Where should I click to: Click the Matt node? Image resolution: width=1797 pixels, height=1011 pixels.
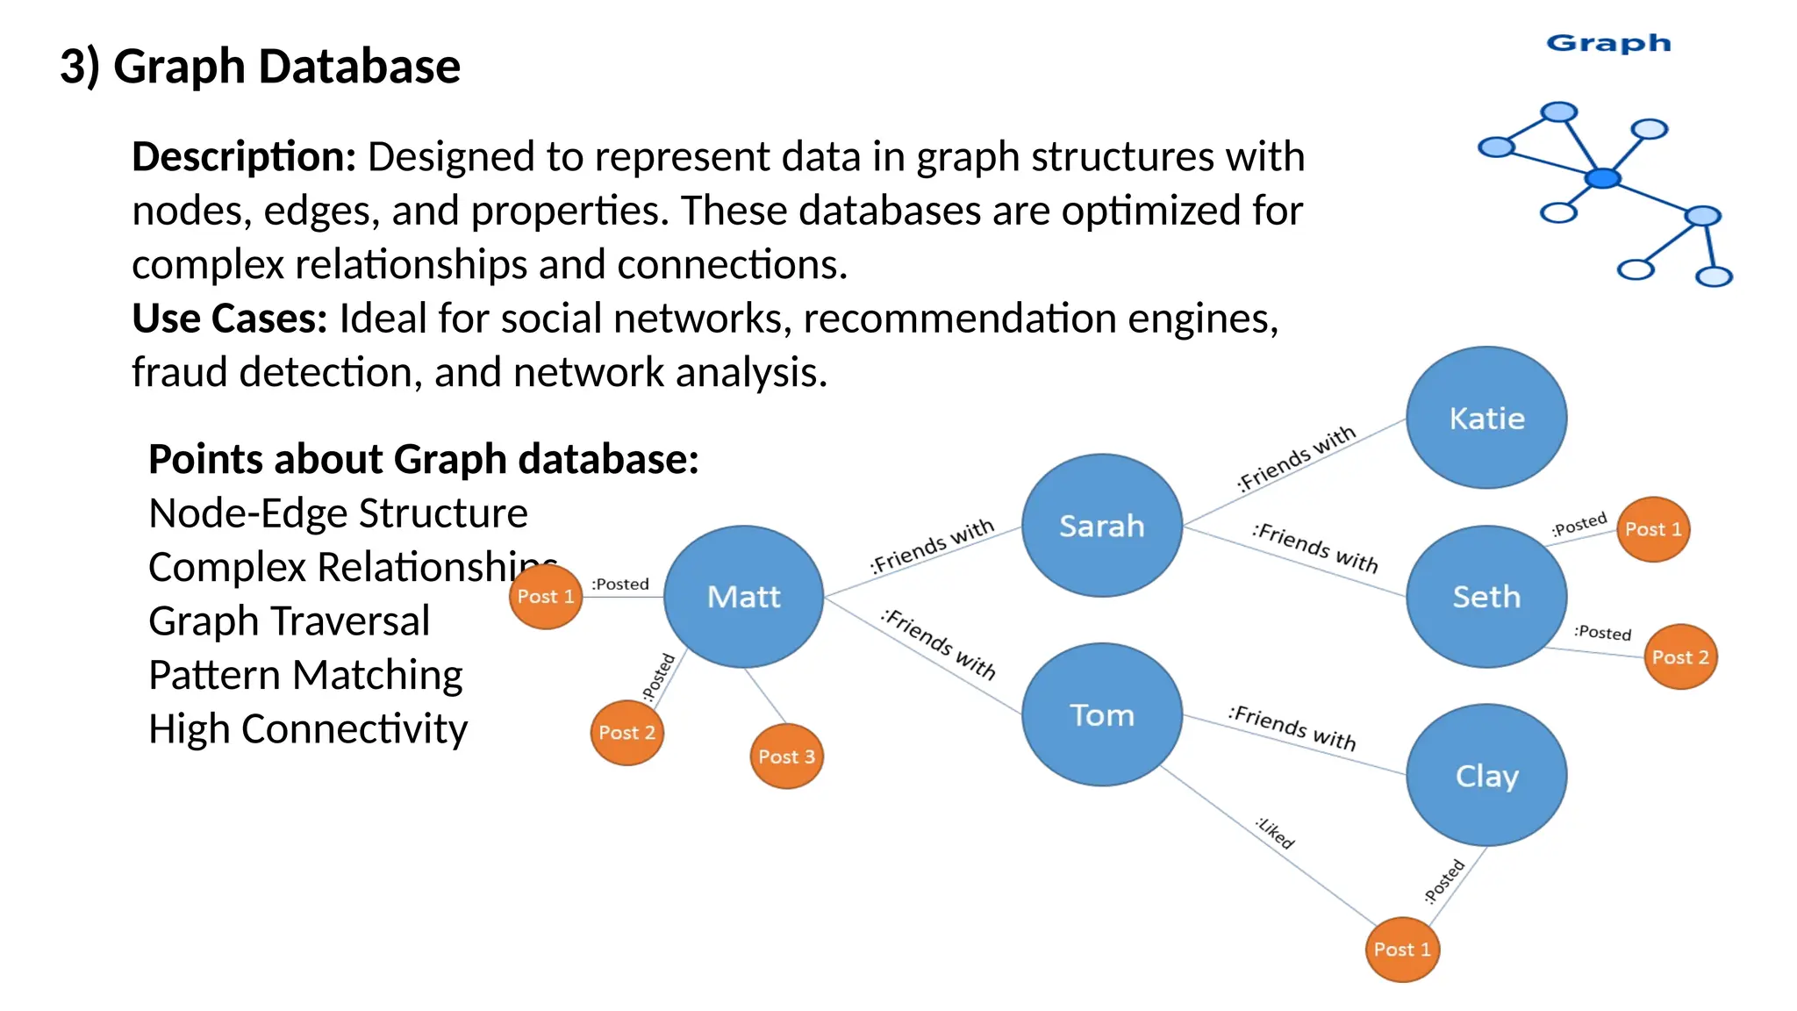(x=743, y=597)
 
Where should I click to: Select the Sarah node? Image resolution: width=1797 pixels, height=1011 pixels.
(x=1102, y=526)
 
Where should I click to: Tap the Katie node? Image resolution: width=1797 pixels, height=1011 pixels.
(x=1486, y=418)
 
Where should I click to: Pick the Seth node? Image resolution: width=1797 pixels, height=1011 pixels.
(x=1486, y=597)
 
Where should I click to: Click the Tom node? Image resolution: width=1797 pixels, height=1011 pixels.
(x=1102, y=714)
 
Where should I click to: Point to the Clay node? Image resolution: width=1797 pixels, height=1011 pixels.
(x=1486, y=776)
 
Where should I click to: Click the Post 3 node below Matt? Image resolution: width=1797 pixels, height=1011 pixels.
(x=786, y=756)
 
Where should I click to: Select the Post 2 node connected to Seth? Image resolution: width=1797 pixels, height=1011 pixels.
(x=1680, y=657)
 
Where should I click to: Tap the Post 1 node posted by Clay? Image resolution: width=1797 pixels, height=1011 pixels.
(x=1402, y=950)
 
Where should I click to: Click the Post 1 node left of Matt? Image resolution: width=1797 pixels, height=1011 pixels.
(x=545, y=597)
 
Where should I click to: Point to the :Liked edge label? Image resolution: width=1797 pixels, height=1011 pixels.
(x=1275, y=833)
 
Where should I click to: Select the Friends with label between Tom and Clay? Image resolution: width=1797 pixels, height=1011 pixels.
(x=1292, y=728)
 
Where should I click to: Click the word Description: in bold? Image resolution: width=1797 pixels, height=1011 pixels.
(x=244, y=157)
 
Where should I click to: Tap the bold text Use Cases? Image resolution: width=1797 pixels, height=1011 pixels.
(x=229, y=319)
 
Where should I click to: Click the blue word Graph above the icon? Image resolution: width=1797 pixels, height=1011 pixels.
(x=1608, y=44)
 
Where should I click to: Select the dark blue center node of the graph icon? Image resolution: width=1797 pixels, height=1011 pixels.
(x=1602, y=179)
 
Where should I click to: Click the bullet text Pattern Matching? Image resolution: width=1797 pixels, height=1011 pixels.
(x=305, y=675)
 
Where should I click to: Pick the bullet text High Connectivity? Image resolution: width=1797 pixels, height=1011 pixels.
(x=308, y=729)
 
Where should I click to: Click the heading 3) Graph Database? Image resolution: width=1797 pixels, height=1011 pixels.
(x=260, y=67)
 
